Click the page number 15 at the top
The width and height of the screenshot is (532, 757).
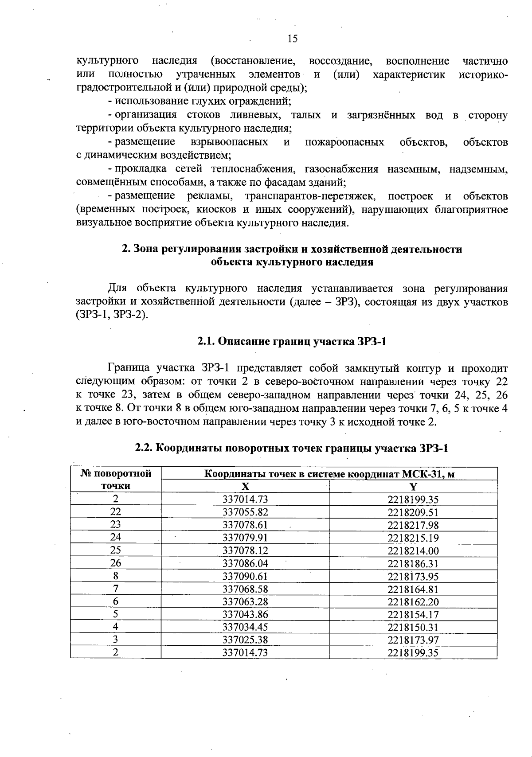[293, 39]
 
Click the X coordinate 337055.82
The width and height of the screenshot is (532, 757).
[245, 512]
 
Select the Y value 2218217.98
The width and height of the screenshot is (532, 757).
[413, 525]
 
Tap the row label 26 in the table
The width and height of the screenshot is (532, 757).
[116, 563]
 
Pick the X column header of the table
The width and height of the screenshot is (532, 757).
[245, 487]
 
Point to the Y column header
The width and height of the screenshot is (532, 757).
[413, 487]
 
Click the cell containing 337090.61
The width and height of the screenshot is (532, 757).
[245, 576]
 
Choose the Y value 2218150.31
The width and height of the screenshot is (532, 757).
[413, 627]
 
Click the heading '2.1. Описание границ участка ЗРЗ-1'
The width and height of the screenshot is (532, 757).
[292, 342]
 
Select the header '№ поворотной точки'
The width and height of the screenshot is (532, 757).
[116, 480]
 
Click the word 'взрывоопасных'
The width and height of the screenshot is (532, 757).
[229, 142]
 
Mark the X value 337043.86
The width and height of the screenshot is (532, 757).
[245, 614]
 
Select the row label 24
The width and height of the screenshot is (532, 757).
[116, 538]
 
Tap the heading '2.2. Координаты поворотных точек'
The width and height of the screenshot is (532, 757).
[292, 448]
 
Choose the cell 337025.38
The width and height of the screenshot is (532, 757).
[245, 640]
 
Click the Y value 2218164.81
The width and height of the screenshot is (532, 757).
[413, 589]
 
